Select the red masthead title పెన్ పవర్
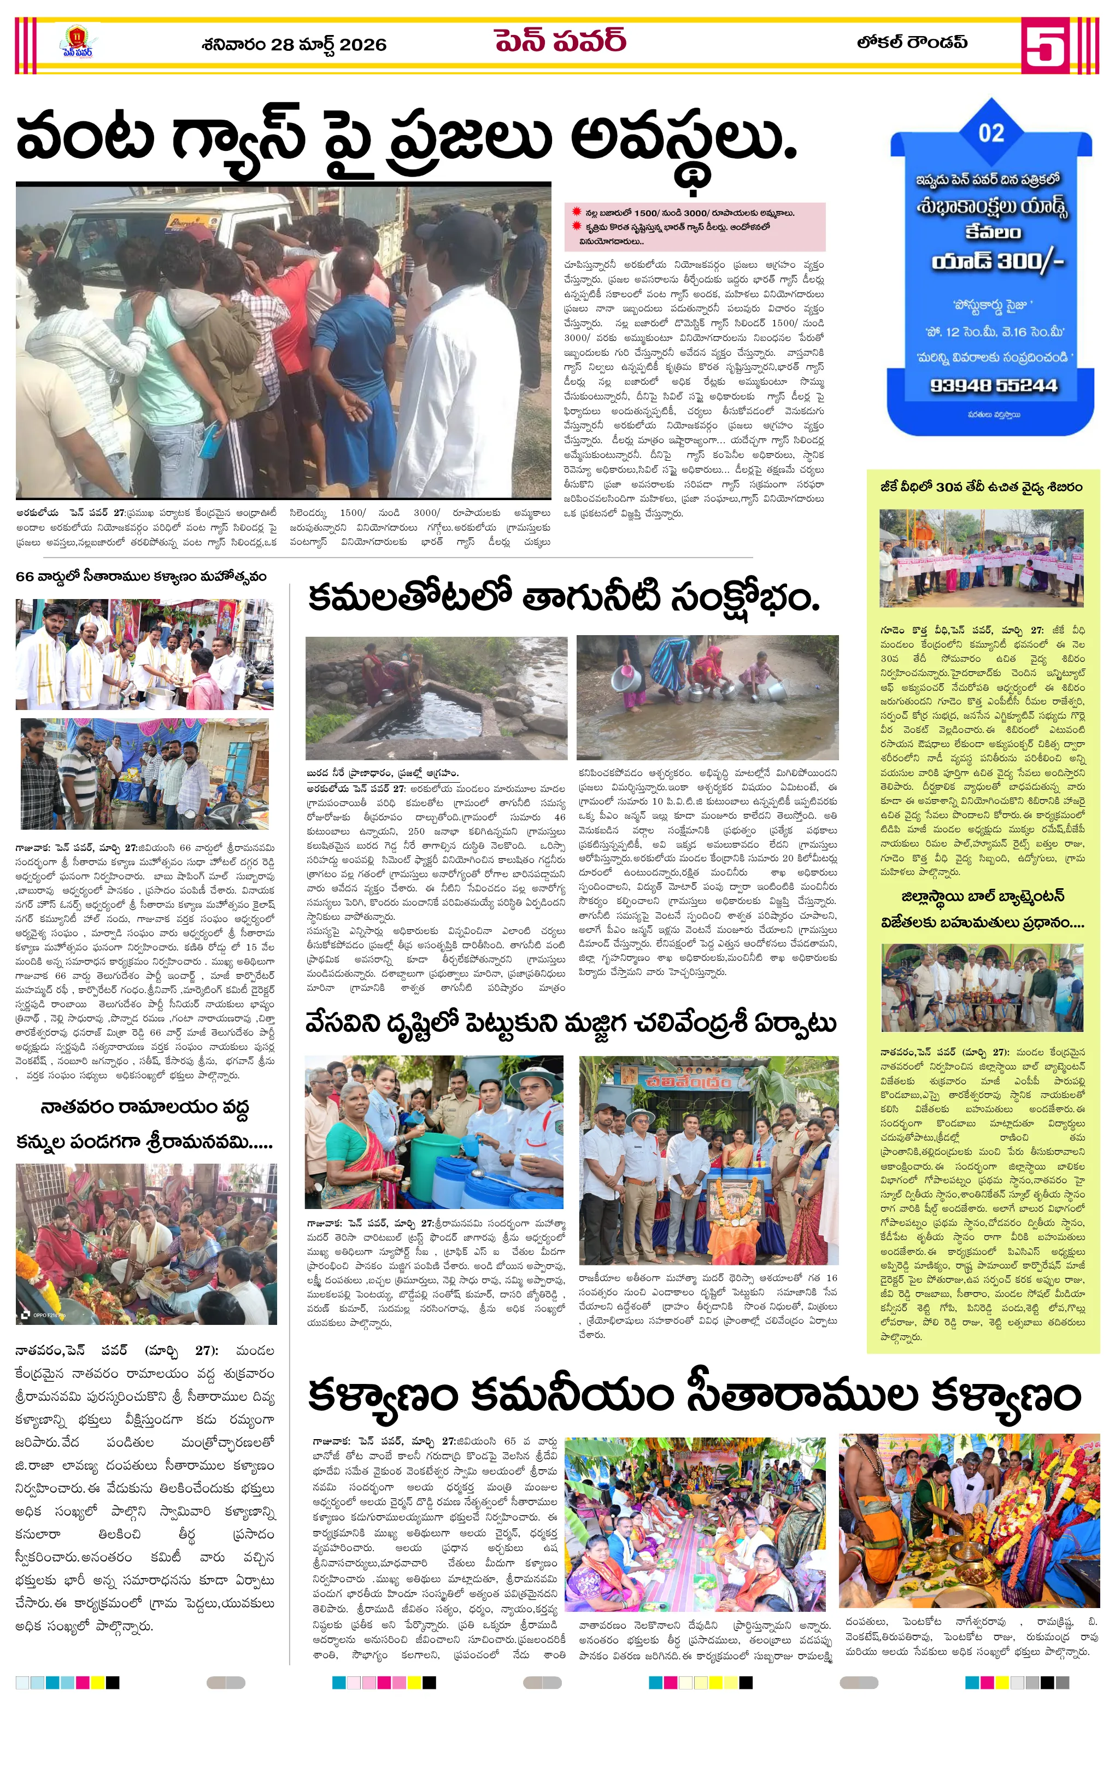coord(560,41)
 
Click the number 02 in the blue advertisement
coord(991,133)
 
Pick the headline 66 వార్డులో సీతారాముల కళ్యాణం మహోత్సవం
coord(141,577)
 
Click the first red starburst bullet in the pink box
coord(577,213)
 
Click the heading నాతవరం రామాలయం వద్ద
coord(144,1107)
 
